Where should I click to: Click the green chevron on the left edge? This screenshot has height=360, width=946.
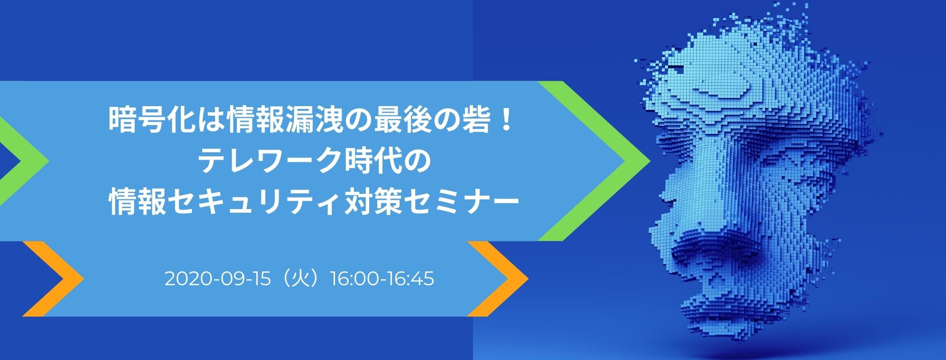(23, 161)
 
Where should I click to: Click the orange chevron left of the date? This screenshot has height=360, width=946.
(55, 279)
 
